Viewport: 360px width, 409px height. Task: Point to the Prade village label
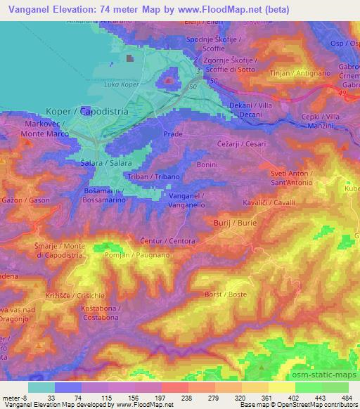coord(172,134)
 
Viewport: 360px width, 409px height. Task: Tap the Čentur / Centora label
coord(167,240)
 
